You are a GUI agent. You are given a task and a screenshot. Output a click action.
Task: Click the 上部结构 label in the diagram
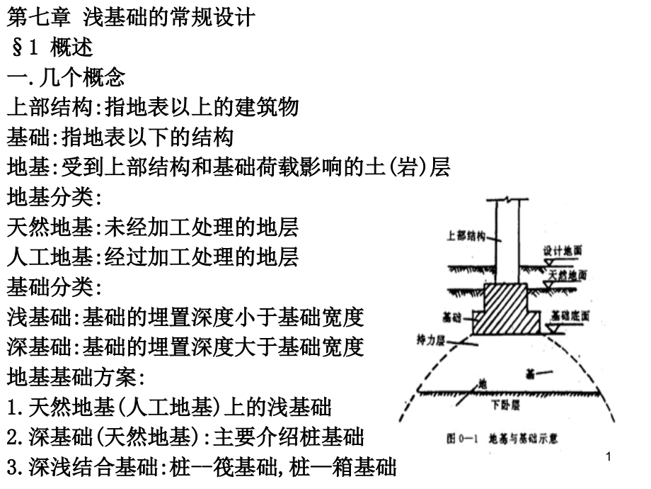pyautogui.click(x=466, y=237)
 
